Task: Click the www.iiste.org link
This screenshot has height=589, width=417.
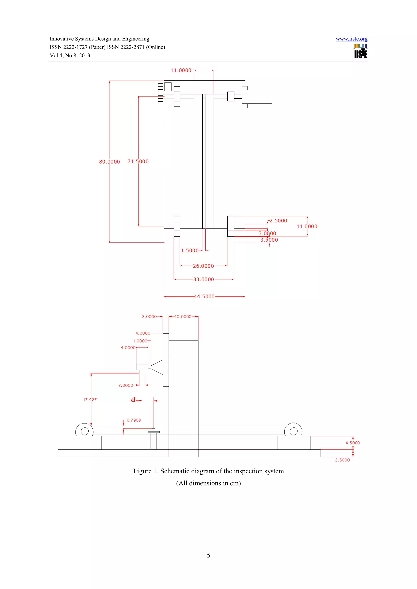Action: (351, 39)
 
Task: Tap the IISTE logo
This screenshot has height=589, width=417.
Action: (360, 51)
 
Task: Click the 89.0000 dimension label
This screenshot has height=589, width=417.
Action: (110, 162)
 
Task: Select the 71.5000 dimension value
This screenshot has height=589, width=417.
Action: (138, 162)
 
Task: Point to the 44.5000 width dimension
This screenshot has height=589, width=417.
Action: (204, 297)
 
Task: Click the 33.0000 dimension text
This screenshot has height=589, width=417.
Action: (203, 280)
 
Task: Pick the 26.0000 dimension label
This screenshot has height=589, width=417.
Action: (203, 266)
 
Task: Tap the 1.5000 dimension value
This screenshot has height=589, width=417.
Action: (190, 251)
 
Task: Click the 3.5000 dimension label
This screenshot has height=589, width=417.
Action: (269, 240)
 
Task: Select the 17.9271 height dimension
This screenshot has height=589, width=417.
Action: (91, 400)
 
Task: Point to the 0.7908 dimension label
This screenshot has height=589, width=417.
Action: (134, 420)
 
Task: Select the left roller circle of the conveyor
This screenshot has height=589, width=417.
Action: (84, 431)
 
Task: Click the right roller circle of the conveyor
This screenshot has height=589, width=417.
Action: (293, 431)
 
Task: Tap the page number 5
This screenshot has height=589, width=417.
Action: (208, 555)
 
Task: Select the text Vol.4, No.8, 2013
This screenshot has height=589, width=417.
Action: (70, 56)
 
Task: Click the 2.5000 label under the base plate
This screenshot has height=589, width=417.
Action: (342, 460)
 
